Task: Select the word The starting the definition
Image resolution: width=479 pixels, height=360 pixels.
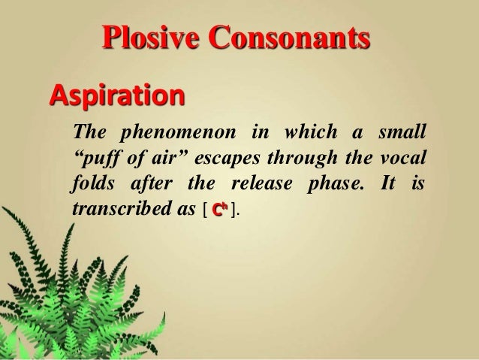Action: pyautogui.click(x=86, y=134)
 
